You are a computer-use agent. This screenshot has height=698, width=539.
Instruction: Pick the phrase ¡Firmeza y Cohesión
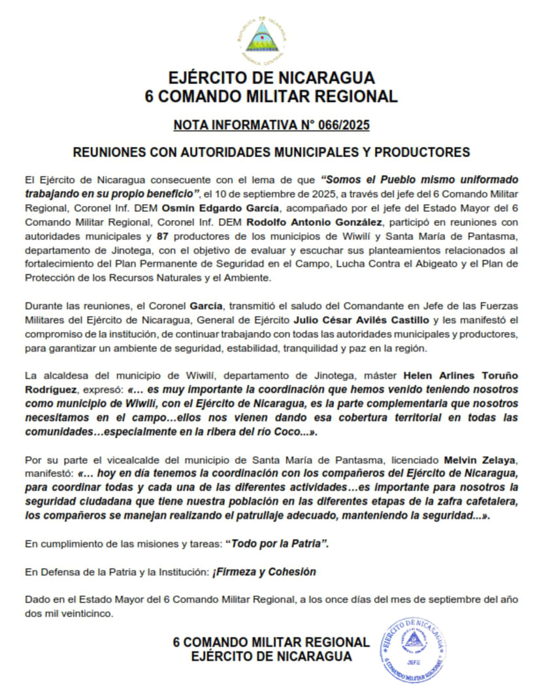(264, 572)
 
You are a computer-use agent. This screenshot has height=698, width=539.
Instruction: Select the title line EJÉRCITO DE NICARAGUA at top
(270, 78)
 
